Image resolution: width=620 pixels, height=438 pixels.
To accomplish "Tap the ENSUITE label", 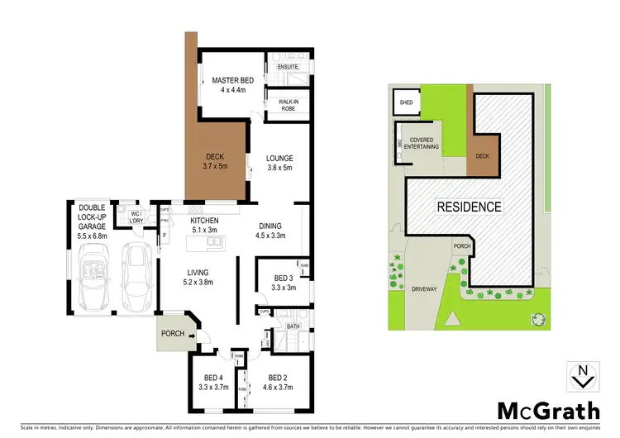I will [x=288, y=66].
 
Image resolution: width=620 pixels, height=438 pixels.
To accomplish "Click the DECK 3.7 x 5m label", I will [x=213, y=159].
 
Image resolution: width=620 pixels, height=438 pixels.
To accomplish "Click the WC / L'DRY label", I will [x=137, y=217].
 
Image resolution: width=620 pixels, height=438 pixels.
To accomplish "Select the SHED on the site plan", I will [x=406, y=103].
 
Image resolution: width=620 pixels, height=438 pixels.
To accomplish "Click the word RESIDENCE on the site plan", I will [x=469, y=207].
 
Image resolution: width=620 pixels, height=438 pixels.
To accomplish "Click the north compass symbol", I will [x=584, y=377].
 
